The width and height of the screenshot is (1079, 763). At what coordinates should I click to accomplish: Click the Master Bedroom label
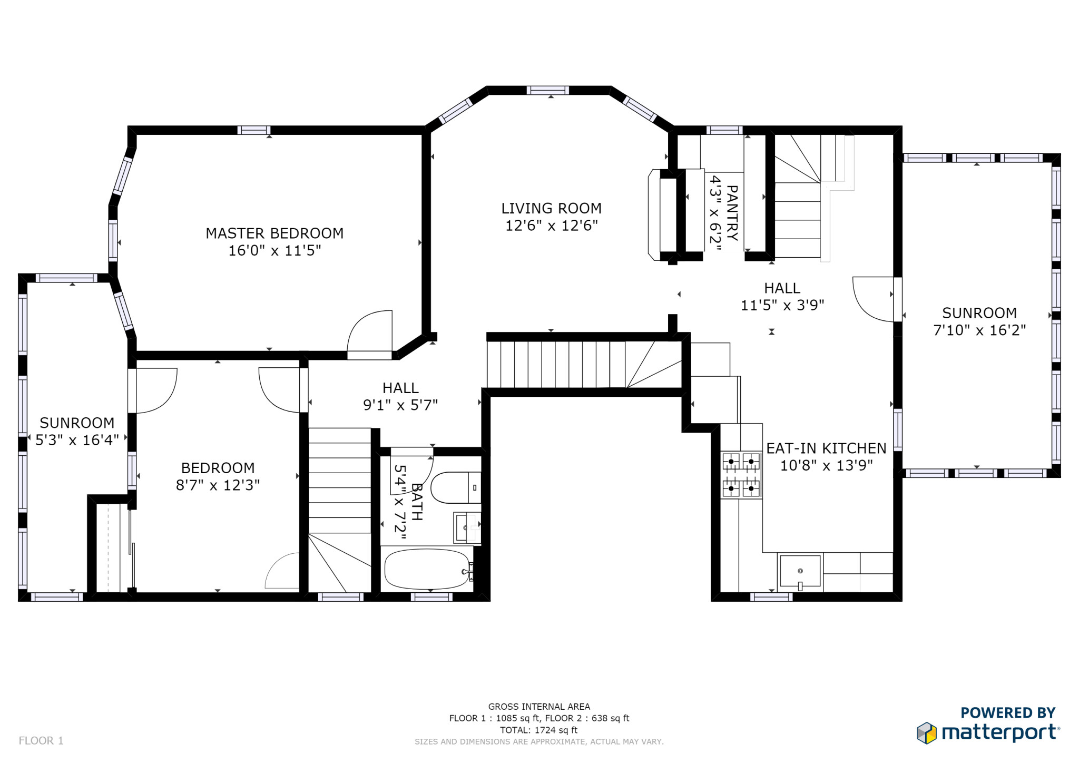coord(274,233)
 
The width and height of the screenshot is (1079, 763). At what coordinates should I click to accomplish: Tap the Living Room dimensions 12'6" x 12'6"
coord(551,226)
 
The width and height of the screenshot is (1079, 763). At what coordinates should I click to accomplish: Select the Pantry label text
coord(732,213)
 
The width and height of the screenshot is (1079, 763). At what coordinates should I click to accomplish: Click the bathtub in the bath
coord(427,569)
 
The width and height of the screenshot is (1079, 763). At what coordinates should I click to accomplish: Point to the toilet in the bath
coord(455,488)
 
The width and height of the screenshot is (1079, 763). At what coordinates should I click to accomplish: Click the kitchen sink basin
coord(800,571)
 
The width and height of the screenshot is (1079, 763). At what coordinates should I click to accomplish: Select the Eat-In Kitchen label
coord(826,448)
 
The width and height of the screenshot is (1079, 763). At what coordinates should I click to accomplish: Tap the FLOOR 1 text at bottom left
coord(41,740)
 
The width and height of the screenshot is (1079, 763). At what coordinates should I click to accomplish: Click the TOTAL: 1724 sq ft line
coord(538,730)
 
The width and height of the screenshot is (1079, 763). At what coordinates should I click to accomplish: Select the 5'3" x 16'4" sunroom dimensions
coord(77,440)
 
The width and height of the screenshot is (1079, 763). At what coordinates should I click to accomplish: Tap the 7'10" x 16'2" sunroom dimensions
coord(979,330)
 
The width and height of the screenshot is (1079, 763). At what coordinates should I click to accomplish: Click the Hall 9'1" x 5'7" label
coord(400,396)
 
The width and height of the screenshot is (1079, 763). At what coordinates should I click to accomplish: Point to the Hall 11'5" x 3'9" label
coord(782,297)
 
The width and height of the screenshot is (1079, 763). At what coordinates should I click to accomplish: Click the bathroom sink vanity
coord(467,527)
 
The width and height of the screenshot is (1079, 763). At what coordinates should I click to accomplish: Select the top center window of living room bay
coord(547,90)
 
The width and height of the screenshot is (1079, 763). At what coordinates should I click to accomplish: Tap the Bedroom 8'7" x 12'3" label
coord(218,476)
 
